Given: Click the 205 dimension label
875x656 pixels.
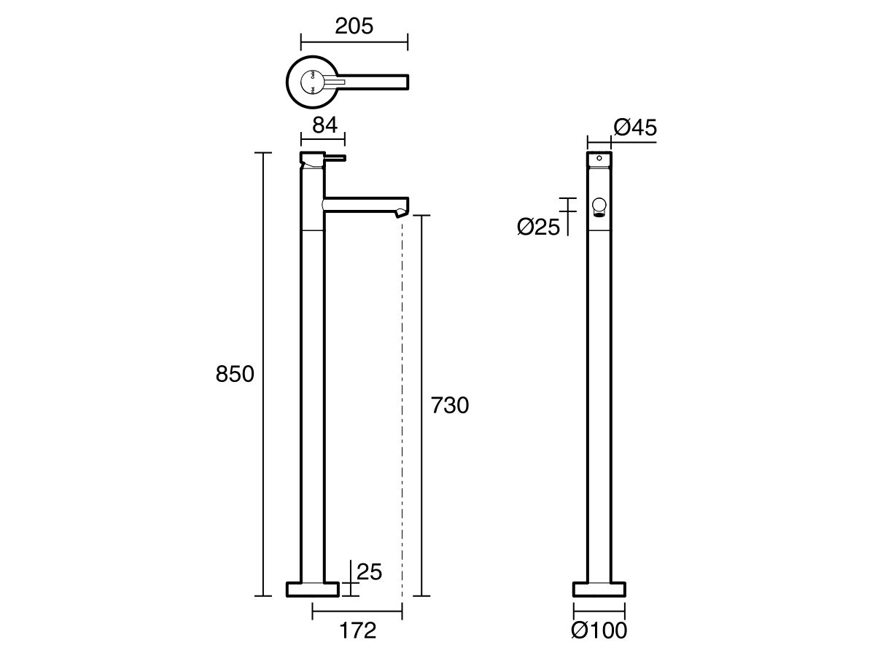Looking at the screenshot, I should (x=354, y=26).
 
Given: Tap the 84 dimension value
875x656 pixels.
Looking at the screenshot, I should (x=324, y=125).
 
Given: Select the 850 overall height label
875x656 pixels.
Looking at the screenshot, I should (x=235, y=374).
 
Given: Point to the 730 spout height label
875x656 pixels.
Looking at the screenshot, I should (x=450, y=405).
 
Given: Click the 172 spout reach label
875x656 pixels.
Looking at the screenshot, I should (x=357, y=630).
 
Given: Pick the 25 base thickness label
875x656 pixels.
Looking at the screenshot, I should (x=370, y=571).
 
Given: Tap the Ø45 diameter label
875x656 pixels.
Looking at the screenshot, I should (x=635, y=128).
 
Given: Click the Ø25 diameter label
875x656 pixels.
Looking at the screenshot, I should (x=538, y=227).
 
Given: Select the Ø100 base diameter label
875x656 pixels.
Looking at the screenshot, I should (x=600, y=630).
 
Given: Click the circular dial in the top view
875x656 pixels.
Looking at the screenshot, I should (x=311, y=82).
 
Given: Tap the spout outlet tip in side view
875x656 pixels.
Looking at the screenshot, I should (x=400, y=212).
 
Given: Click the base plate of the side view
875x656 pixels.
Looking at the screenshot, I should (x=312, y=588).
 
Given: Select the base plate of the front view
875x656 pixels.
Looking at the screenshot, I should (x=599, y=588).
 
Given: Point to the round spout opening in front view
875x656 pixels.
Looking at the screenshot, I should (x=599, y=206).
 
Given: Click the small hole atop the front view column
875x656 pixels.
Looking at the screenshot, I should (x=599, y=157).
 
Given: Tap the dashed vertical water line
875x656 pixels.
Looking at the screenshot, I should (x=402, y=401).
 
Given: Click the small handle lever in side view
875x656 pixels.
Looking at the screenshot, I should (x=335, y=157).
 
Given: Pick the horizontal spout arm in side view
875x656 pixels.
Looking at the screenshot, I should (x=365, y=204).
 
